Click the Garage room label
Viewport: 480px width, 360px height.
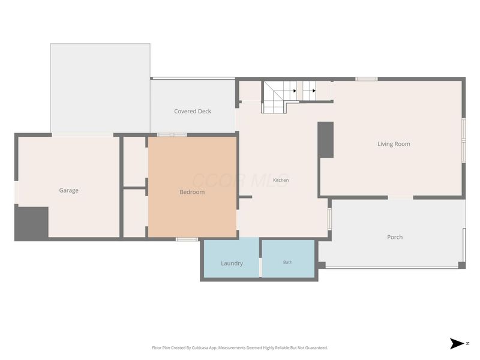pyautogui.click(x=68, y=190)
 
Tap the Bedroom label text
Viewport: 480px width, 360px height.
pyautogui.click(x=192, y=192)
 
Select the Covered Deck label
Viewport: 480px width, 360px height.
pyautogui.click(x=193, y=111)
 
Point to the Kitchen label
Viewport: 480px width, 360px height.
pyautogui.click(x=281, y=180)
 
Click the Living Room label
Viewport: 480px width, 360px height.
pyautogui.click(x=394, y=144)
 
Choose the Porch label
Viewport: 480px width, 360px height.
pyautogui.click(x=395, y=237)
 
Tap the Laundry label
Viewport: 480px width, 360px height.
pyautogui.click(x=232, y=263)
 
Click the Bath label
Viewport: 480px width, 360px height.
pyautogui.click(x=288, y=262)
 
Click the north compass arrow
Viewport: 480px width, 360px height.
pyautogui.click(x=457, y=343)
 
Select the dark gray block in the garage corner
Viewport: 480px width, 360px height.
pyautogui.click(x=32, y=222)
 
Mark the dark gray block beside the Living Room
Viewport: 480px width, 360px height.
pyautogui.click(x=325, y=140)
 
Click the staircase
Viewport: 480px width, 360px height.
pyautogui.click(x=289, y=97)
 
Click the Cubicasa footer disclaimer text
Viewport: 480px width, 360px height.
pyautogui.click(x=239, y=348)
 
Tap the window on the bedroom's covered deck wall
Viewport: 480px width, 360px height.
pyautogui.click(x=172, y=134)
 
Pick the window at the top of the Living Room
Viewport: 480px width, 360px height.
pyautogui.click(x=367, y=79)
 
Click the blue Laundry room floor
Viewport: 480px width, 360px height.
pyautogui.click(x=232, y=258)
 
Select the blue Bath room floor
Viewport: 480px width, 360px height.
pyautogui.click(x=288, y=259)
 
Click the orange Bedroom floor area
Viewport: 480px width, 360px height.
pyautogui.click(x=192, y=187)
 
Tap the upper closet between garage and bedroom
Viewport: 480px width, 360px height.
pyautogui.click(x=134, y=161)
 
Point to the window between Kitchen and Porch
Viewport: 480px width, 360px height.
pyautogui.click(x=329, y=218)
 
